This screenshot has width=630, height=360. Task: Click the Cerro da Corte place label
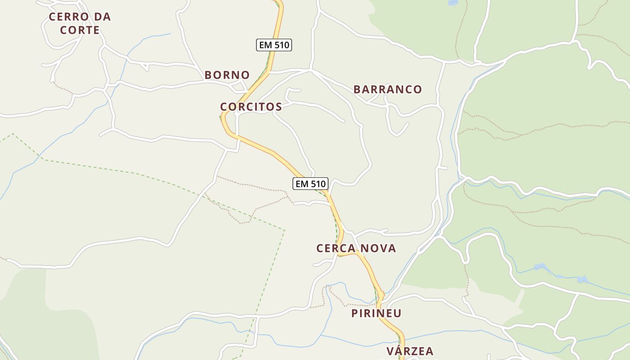coord(80,23)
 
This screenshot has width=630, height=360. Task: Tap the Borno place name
coord(227,75)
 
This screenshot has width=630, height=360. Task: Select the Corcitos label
coord(251,107)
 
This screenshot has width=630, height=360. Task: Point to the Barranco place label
coord(387,90)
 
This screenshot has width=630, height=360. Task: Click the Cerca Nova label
coord(356,248)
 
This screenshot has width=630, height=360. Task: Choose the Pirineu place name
coord(376,313)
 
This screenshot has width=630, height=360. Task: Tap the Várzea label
coord(409,351)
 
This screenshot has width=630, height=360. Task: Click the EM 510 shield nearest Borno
coord(274,45)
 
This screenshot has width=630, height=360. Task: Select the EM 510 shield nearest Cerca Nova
coord(310,184)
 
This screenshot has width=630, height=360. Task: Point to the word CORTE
coord(80,31)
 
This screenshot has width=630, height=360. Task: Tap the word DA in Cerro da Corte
coord(103,17)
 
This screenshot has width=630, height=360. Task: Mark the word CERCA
coord(334,248)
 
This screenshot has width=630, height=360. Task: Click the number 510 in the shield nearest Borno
coord(280,45)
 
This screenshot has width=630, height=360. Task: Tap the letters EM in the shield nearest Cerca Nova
coord(301,184)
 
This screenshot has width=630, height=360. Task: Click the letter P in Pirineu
coord(355,313)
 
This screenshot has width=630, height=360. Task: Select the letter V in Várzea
coord(390,351)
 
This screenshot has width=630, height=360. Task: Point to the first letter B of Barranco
coord(357,90)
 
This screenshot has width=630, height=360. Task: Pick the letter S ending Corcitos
coord(279,107)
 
